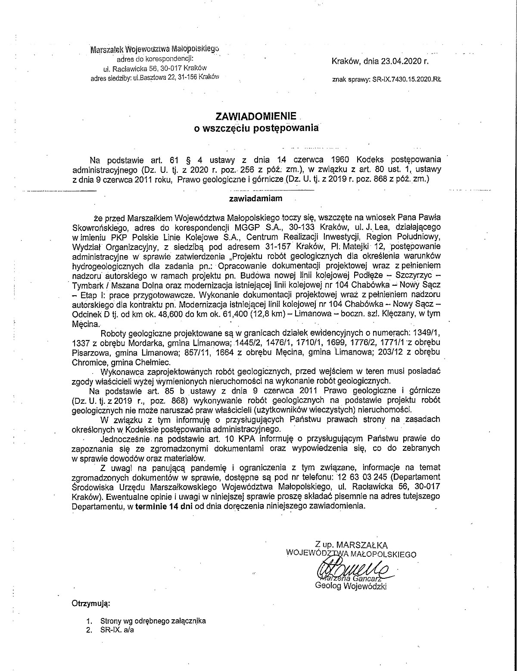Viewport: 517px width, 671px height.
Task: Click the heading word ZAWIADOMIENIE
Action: (256, 116)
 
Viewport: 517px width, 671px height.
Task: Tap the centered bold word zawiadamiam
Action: (256, 199)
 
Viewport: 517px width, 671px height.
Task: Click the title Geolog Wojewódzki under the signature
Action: (351, 586)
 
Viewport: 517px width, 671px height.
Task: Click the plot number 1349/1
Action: (425, 334)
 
